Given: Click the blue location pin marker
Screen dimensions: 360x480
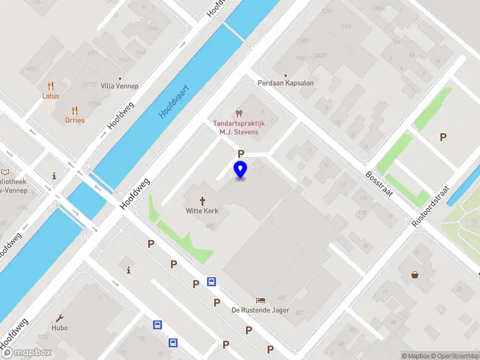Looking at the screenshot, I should (240, 170).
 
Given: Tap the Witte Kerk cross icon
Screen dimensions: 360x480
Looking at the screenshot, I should (202, 201).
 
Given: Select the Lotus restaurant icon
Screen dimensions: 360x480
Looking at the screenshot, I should (50, 86).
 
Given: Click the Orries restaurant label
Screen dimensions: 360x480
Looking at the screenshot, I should (75, 120).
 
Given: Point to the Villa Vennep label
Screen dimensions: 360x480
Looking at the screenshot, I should (119, 86).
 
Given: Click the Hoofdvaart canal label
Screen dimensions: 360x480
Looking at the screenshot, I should (174, 101).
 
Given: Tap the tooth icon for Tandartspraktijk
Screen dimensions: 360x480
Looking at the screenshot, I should (239, 113).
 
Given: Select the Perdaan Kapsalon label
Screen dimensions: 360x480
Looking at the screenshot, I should (286, 83).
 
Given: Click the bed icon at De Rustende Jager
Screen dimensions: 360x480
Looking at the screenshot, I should (260, 300).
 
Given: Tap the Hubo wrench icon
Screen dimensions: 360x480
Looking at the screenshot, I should (59, 318).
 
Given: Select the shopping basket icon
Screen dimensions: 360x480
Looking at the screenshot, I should (415, 275).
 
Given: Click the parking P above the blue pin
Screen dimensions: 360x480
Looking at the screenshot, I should (241, 154).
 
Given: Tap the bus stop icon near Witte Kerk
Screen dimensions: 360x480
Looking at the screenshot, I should (212, 281).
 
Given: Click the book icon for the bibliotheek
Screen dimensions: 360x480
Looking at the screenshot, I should (6, 172).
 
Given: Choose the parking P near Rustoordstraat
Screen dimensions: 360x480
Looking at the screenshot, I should (443, 137).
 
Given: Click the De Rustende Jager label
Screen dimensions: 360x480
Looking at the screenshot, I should (260, 310).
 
